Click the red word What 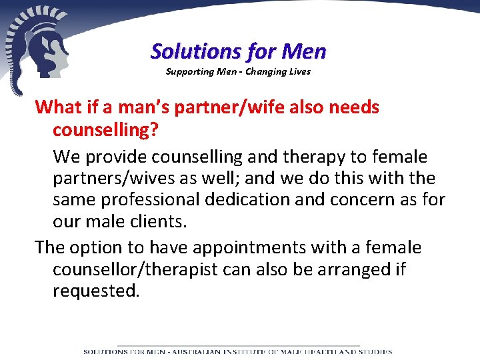[x=58, y=107]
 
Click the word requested [x=96, y=291]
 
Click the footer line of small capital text [x=238, y=351]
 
